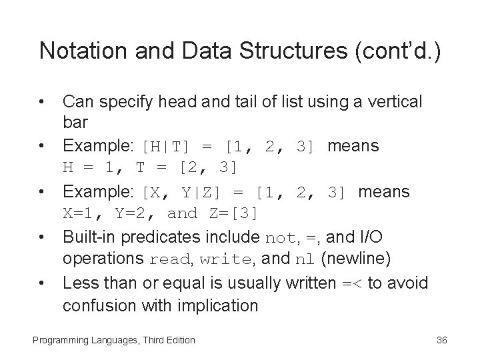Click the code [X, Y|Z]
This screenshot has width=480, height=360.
pyautogui.click(x=182, y=193)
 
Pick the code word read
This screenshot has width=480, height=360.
pyautogui.click(x=170, y=260)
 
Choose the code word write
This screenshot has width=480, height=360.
pyautogui.click(x=219, y=260)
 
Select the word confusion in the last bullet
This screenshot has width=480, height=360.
pyautogui.click(x=94, y=307)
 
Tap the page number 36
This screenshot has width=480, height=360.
pyautogui.click(x=441, y=341)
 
